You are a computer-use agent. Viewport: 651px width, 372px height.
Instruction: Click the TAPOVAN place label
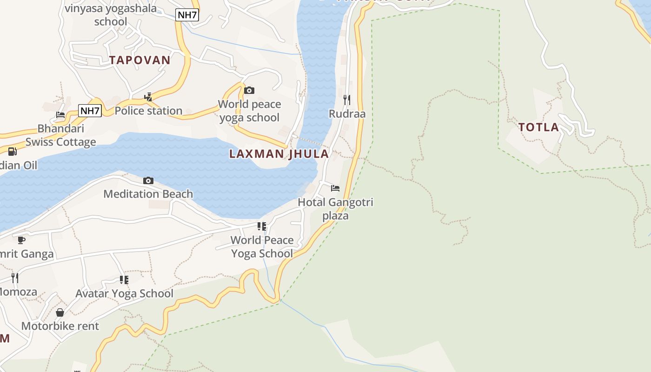click(x=140, y=60)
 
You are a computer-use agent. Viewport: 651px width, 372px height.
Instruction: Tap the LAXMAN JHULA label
click(x=279, y=154)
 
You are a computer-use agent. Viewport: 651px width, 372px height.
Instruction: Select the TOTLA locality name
click(x=538, y=127)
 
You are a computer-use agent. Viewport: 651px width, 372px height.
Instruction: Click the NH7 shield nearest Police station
click(x=90, y=111)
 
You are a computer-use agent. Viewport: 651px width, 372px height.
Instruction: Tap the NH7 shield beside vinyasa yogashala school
click(x=187, y=15)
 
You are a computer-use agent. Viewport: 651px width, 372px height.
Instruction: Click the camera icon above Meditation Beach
click(x=148, y=180)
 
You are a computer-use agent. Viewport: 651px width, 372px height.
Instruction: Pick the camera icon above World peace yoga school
click(x=249, y=90)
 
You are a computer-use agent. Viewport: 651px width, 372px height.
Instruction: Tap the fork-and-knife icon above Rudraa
click(x=347, y=100)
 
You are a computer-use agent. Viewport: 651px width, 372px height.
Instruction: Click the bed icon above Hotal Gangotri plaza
click(x=335, y=188)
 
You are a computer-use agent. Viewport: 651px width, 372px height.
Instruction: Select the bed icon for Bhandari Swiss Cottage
click(x=60, y=115)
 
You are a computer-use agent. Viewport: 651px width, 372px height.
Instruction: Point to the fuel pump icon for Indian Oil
click(x=13, y=152)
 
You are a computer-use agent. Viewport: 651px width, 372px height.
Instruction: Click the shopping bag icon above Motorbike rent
click(x=60, y=312)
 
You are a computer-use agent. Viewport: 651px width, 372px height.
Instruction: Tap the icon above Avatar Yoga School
click(x=124, y=279)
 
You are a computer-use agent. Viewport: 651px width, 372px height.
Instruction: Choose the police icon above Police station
click(x=148, y=97)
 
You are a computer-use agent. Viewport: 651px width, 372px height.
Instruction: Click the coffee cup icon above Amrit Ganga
click(x=21, y=240)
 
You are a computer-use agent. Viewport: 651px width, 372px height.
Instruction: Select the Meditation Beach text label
click(x=148, y=194)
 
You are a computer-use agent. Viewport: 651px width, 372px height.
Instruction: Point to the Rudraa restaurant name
click(x=347, y=114)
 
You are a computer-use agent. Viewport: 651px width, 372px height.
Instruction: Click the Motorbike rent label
click(x=60, y=326)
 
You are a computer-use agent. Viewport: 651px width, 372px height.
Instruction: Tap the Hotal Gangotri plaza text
click(x=335, y=209)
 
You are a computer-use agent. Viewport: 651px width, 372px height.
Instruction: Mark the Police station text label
click(x=148, y=111)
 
